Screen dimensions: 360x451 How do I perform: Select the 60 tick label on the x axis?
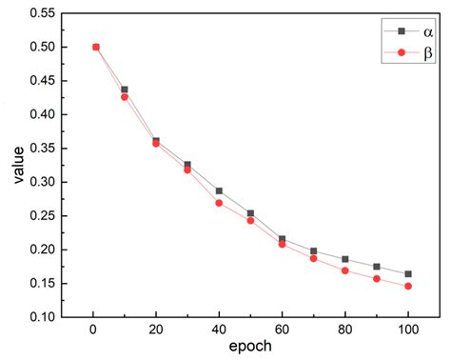pyautogui.click(x=282, y=331)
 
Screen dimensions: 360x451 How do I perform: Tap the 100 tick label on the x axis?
pyautogui.click(x=408, y=331)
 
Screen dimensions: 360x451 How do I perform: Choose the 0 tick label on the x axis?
pyautogui.click(x=93, y=331)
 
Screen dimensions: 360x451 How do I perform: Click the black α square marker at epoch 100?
pyautogui.click(x=408, y=274)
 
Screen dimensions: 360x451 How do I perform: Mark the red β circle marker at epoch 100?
pyautogui.click(x=408, y=286)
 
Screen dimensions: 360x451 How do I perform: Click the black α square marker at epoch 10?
pyautogui.click(x=125, y=90)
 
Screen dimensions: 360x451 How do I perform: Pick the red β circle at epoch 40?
pyautogui.click(x=219, y=203)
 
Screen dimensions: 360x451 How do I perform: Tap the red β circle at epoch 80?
pyautogui.click(x=344, y=270)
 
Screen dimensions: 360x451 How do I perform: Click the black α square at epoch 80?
pyautogui.click(x=344, y=259)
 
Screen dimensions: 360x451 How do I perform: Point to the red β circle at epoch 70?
pyautogui.click(x=313, y=258)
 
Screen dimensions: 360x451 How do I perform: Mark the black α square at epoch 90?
pyautogui.click(x=377, y=267)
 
